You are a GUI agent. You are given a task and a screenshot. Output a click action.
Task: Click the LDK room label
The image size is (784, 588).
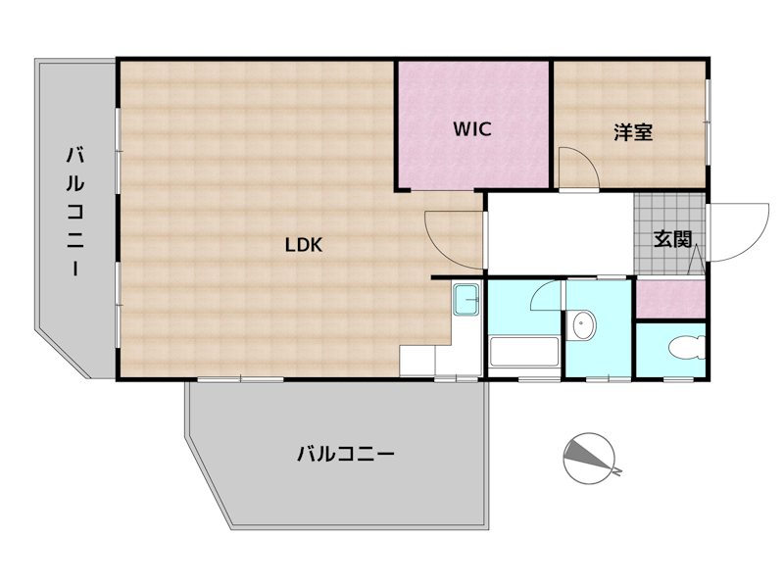pyautogui.click(x=304, y=246)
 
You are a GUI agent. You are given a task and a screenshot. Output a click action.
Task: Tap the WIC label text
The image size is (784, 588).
pyautogui.click(x=470, y=128)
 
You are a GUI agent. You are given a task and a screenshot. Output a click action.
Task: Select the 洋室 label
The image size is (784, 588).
pyautogui.click(x=633, y=132)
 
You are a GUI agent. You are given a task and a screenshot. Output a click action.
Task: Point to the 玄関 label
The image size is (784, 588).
pyautogui.click(x=673, y=238)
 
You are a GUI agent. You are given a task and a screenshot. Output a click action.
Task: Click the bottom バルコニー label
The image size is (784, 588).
pyautogui.click(x=345, y=454)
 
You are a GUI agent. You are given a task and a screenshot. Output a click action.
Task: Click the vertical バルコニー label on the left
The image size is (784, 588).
pyautogui.click(x=75, y=212)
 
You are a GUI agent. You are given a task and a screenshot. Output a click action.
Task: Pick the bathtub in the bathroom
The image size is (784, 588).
pyautogui.click(x=523, y=353)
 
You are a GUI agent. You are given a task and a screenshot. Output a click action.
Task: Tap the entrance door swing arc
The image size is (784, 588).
pyautogui.click(x=743, y=232)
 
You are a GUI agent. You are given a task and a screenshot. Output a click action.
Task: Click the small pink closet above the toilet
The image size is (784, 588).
pyautogui.click(x=669, y=299)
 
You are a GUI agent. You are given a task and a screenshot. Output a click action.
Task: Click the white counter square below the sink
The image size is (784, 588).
pyautogui.click(x=416, y=360)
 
